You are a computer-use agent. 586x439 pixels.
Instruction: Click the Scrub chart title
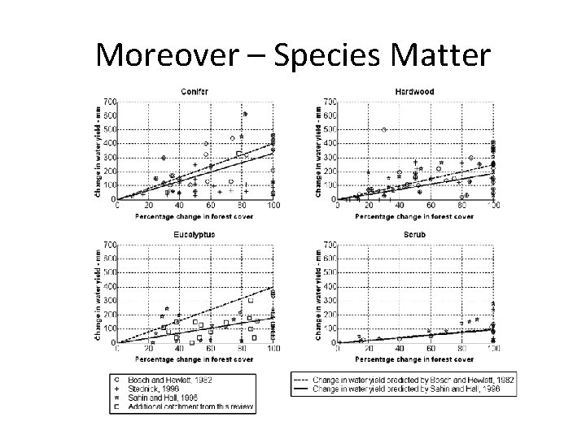point(413,235)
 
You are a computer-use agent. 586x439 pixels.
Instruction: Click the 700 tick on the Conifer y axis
point(108,102)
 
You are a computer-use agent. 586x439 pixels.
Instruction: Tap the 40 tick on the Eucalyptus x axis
point(178,350)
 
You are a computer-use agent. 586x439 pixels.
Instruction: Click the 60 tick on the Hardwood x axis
point(430,206)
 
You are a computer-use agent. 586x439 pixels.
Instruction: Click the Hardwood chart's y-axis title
point(315,150)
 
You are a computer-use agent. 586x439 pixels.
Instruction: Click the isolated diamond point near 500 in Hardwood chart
point(383,129)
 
